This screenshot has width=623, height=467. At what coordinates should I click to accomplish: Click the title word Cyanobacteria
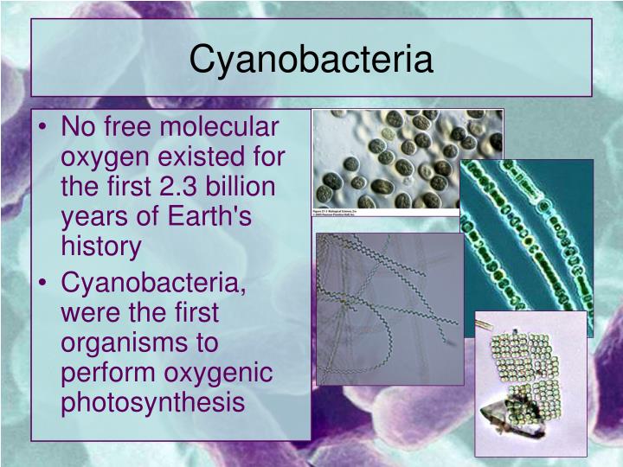coord(311,59)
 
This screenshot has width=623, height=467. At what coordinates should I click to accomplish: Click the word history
coord(100,246)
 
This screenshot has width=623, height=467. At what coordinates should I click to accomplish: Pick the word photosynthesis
coord(152,401)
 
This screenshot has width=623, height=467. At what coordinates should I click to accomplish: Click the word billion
coord(233,187)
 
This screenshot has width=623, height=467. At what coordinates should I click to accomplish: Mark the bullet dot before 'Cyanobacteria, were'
coord(44,283)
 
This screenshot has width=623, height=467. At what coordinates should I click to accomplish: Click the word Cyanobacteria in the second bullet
coord(152,282)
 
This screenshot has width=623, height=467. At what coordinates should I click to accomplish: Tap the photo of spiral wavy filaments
coord(389,307)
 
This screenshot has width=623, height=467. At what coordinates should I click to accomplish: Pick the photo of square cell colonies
coord(530,381)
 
